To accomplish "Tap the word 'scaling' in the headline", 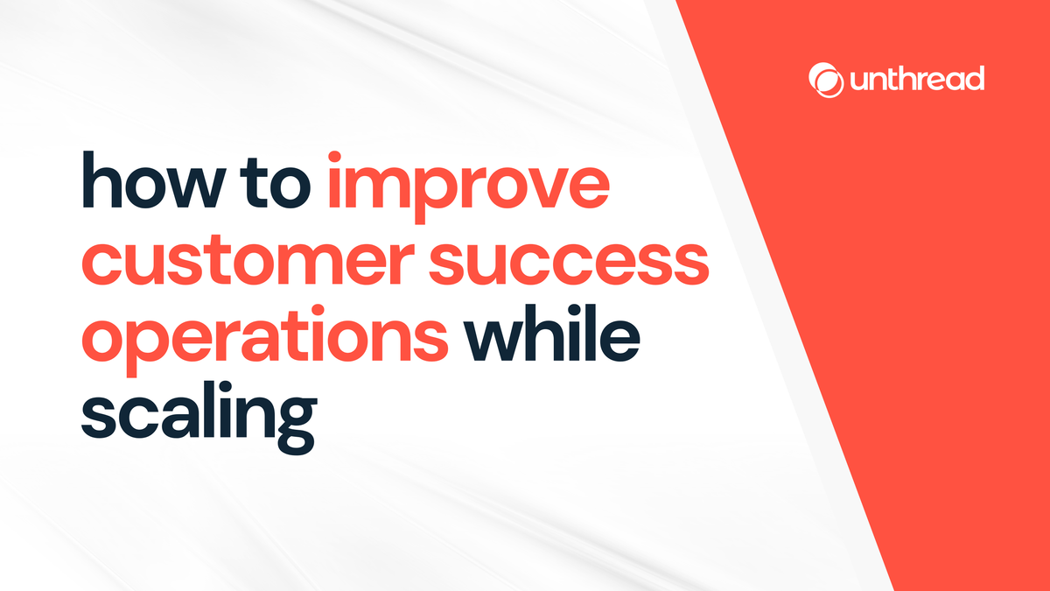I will [198, 415].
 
